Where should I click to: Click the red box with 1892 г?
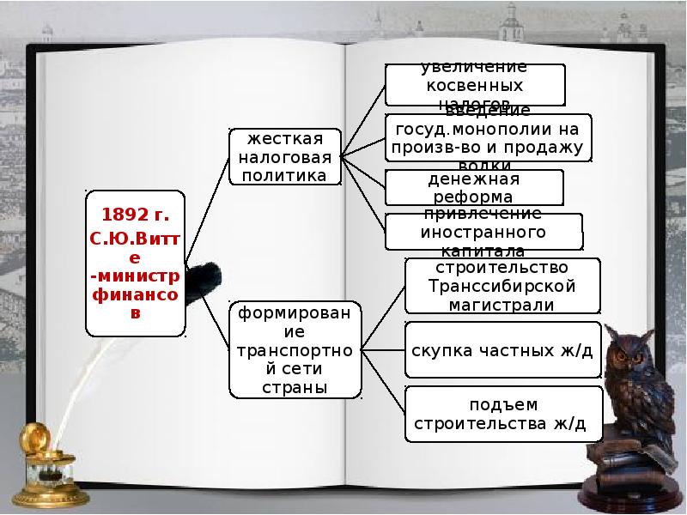[x=136, y=263]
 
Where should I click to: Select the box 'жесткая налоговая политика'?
[x=284, y=157]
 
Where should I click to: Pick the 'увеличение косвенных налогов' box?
[x=474, y=85]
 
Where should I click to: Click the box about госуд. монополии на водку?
[x=488, y=137]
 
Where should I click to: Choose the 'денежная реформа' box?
[x=474, y=187]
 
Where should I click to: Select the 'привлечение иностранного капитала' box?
[x=483, y=232]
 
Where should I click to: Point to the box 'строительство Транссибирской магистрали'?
[x=502, y=287]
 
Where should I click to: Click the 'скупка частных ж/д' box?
[x=502, y=350]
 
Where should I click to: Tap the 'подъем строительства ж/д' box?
[x=502, y=414]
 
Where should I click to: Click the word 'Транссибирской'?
[x=502, y=287]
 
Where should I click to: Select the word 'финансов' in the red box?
[x=136, y=294]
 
